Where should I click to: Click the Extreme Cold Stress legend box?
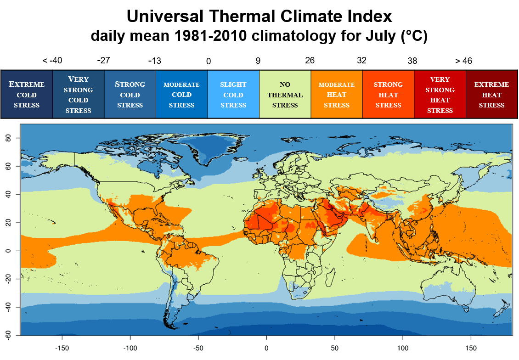(27, 95)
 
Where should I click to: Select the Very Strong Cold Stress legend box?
(79, 95)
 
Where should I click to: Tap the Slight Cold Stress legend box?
(233, 95)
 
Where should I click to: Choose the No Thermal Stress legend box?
(285, 95)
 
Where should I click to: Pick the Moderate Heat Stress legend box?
(337, 95)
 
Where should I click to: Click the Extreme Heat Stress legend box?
(491, 95)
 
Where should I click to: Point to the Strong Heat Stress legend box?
(388, 95)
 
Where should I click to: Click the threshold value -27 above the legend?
(104, 61)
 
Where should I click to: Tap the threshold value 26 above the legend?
(311, 61)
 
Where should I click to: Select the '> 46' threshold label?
(463, 61)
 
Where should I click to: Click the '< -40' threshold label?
(52, 61)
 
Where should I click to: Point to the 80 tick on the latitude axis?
(13, 138)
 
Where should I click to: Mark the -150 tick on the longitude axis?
(62, 348)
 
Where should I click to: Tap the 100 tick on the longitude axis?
(403, 348)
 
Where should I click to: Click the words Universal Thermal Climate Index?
(259, 17)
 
